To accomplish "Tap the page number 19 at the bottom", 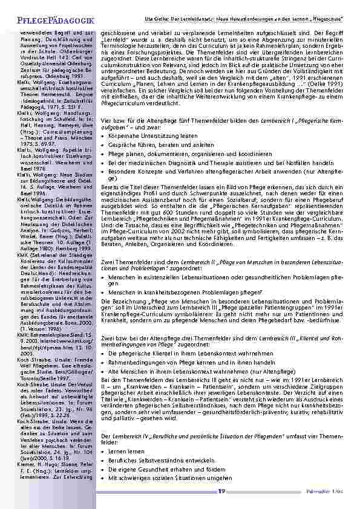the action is click(222, 491).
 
